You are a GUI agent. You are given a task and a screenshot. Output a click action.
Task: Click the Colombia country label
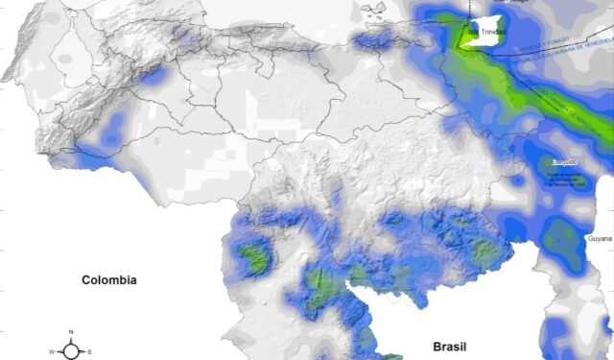(x=108, y=280)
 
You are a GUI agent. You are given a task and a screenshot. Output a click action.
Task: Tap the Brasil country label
(x=451, y=345)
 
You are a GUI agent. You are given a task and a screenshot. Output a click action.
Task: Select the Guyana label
(x=599, y=236)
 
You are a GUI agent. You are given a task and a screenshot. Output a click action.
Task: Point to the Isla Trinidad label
(x=481, y=32)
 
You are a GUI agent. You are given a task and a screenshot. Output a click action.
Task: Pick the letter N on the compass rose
(x=72, y=332)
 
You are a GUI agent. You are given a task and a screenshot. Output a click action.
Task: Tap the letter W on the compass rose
(x=54, y=352)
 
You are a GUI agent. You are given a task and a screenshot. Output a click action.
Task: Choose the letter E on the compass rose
(x=90, y=352)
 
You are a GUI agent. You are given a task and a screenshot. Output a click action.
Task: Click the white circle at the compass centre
(x=72, y=351)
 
